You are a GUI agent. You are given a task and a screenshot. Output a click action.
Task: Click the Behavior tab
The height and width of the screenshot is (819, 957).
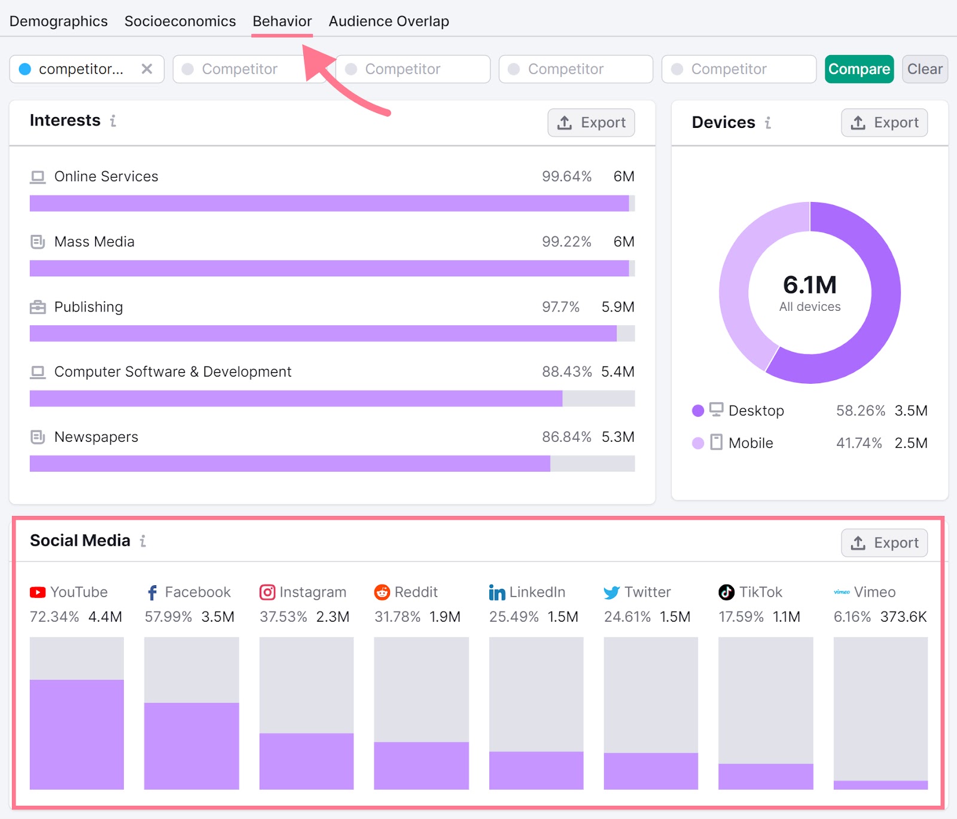tap(282, 22)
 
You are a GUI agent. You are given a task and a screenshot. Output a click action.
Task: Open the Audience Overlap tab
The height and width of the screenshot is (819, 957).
tap(389, 22)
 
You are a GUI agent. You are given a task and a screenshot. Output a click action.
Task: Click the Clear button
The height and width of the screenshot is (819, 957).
tap(924, 69)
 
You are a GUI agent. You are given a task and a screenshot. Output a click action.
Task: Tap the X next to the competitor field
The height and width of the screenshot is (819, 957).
tap(147, 69)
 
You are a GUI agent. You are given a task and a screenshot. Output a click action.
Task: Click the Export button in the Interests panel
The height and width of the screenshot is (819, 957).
tap(591, 123)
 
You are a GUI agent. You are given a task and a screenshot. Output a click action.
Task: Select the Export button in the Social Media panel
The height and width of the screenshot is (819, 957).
tap(884, 543)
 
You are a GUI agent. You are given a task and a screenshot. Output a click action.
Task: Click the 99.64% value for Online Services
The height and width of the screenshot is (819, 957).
tap(566, 176)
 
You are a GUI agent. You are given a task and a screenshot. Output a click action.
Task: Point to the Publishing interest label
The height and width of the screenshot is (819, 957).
tap(89, 307)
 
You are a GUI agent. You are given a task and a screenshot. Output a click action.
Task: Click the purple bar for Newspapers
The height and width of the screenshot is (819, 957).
tap(289, 463)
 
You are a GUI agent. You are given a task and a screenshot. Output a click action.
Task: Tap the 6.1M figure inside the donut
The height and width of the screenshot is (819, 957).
tap(809, 285)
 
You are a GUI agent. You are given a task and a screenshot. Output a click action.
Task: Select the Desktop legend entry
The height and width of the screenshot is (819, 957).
tap(755, 411)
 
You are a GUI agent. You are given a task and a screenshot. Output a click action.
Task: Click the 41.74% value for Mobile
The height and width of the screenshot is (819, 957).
tap(859, 443)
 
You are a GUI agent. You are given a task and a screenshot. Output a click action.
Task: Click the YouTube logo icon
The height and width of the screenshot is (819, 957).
tap(38, 592)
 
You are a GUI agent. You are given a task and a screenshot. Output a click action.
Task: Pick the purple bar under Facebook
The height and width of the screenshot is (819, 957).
tap(191, 745)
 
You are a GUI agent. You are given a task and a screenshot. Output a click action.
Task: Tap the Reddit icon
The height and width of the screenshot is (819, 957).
tap(382, 592)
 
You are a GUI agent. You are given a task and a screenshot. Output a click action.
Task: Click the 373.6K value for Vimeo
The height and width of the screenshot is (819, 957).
tap(903, 616)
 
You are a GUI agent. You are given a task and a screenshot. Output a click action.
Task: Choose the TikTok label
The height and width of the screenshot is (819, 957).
tap(760, 592)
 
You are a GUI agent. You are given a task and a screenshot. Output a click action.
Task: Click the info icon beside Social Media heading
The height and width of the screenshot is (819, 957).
tap(143, 541)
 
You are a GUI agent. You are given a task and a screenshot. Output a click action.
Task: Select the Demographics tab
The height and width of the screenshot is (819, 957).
tap(59, 22)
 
